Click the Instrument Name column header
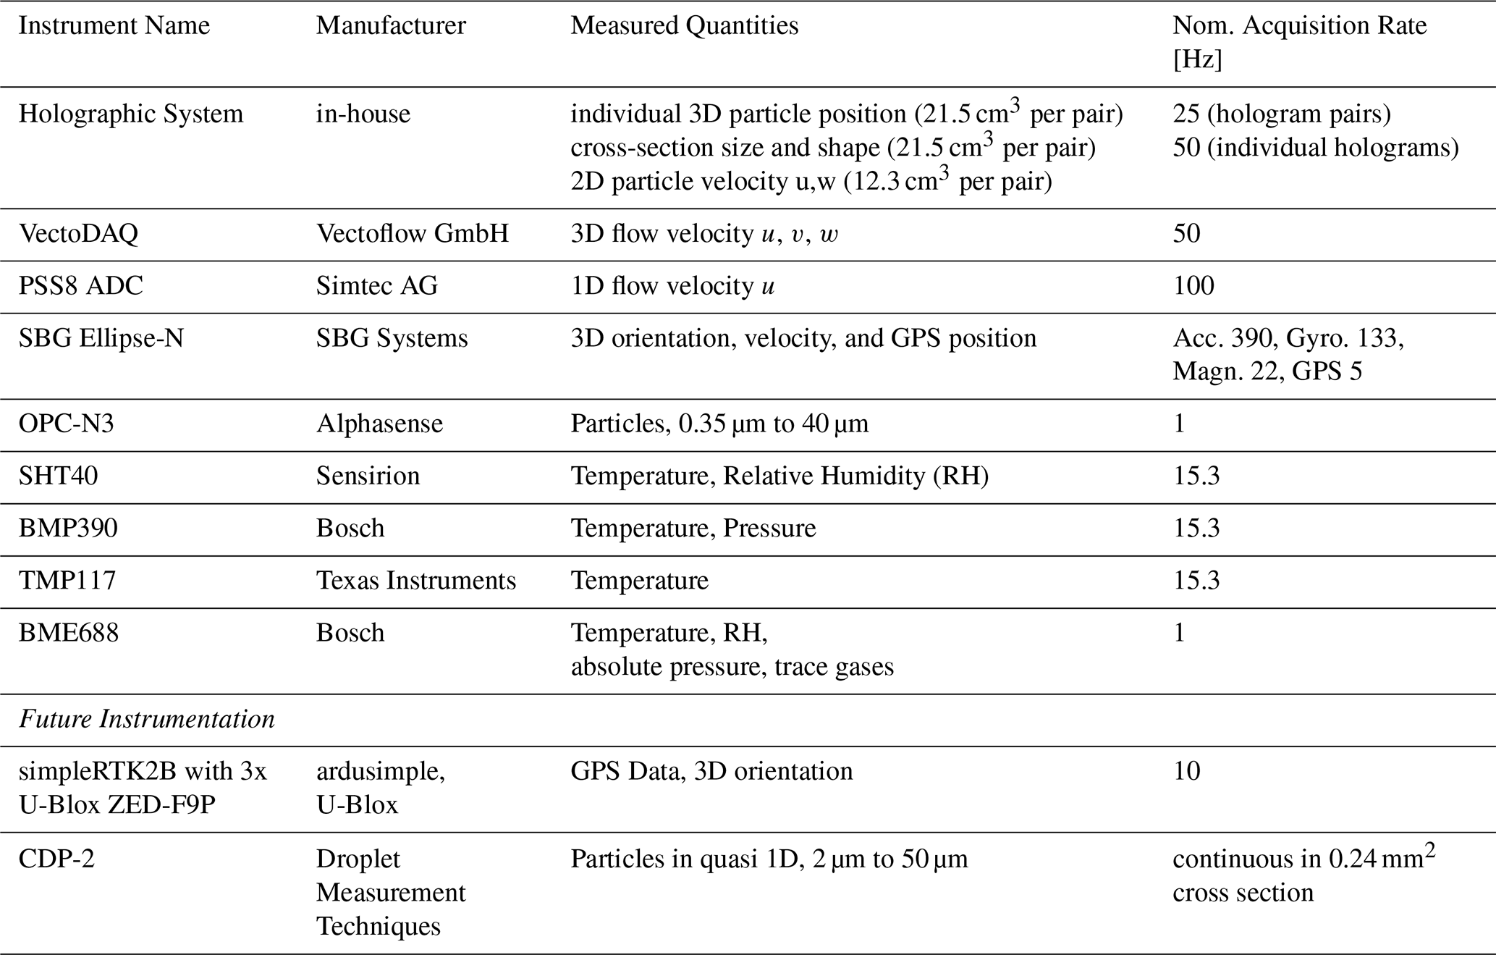[x=114, y=26]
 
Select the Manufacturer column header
[x=391, y=26]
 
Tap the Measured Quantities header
[x=684, y=26]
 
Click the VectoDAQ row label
[x=78, y=234]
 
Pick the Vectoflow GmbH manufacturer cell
[x=412, y=234]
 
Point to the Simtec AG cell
[x=376, y=286]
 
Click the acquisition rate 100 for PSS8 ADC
[x=1193, y=286]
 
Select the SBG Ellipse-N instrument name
[x=101, y=338]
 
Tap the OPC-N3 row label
[x=66, y=424]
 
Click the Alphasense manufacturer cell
[x=379, y=424]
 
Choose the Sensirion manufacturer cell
[x=368, y=476]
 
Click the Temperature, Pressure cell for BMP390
[x=693, y=529]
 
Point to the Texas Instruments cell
[x=416, y=581]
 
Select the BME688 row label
[x=68, y=634]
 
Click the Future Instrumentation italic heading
[x=146, y=720]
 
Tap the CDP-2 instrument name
[x=56, y=859]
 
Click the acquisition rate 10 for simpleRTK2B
[x=1186, y=771]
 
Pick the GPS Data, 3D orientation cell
[x=711, y=771]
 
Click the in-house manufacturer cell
[x=363, y=114]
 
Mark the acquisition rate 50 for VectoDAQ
[x=1186, y=234]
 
